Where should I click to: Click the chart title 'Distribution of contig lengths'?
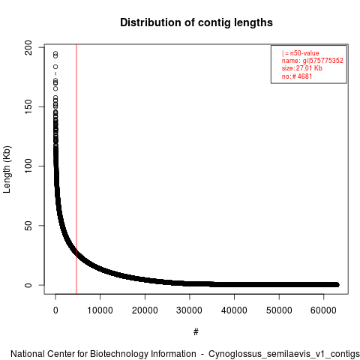(x=196, y=22)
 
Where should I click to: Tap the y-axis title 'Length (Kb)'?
(x=7, y=169)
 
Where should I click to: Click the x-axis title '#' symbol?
(x=196, y=332)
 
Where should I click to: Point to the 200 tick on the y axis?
(x=28, y=47)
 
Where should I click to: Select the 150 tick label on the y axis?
(x=28, y=106)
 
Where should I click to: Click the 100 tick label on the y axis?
(x=28, y=166)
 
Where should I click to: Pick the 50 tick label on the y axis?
(x=28, y=226)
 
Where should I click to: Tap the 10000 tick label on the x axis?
(x=100, y=310)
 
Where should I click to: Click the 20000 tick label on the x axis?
(x=145, y=310)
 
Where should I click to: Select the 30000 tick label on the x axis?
(x=189, y=310)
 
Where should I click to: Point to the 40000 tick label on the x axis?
(x=234, y=310)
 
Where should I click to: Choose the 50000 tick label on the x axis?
(x=279, y=310)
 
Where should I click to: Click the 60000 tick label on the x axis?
(x=323, y=310)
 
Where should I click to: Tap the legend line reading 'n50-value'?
(x=301, y=53)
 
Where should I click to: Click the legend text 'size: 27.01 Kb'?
(x=302, y=68)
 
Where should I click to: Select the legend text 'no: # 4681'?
(x=297, y=76)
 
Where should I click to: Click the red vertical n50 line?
(x=76, y=169)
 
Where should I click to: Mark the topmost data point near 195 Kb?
(x=55, y=53)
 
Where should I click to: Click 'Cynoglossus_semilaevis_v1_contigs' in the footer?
(x=284, y=354)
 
